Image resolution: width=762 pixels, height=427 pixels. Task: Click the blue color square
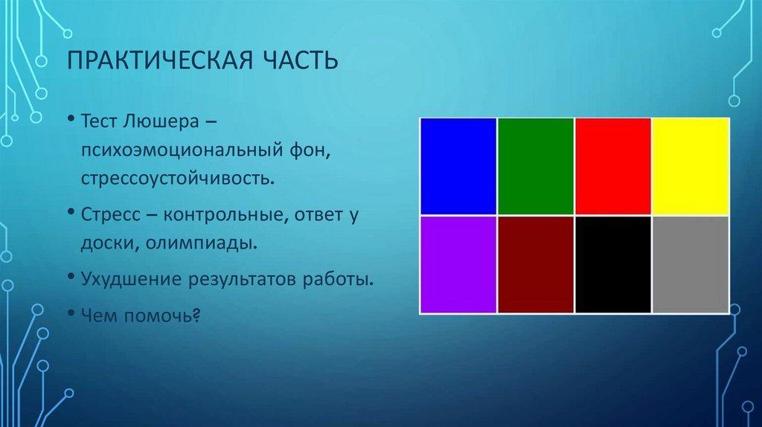pyautogui.click(x=458, y=166)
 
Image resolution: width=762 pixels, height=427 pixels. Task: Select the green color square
pyautogui.click(x=536, y=166)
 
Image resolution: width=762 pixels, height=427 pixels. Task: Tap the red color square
pyautogui.click(x=613, y=166)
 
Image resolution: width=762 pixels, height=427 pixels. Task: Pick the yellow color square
pyautogui.click(x=691, y=166)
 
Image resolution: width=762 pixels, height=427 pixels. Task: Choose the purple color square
pyautogui.click(x=458, y=264)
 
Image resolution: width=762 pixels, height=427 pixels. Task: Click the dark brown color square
pyautogui.click(x=536, y=264)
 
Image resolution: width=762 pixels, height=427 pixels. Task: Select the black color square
pyautogui.click(x=613, y=264)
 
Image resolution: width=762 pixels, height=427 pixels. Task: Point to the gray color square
pyautogui.click(x=691, y=264)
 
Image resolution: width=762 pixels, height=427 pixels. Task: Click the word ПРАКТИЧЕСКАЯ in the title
pyautogui.click(x=160, y=60)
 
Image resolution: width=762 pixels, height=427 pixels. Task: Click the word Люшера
pyautogui.click(x=161, y=121)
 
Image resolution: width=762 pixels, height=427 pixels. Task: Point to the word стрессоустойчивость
pyautogui.click(x=178, y=179)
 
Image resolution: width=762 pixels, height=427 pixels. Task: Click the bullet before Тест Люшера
pyautogui.click(x=71, y=118)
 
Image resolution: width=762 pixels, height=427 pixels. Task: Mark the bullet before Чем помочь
pyautogui.click(x=71, y=313)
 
